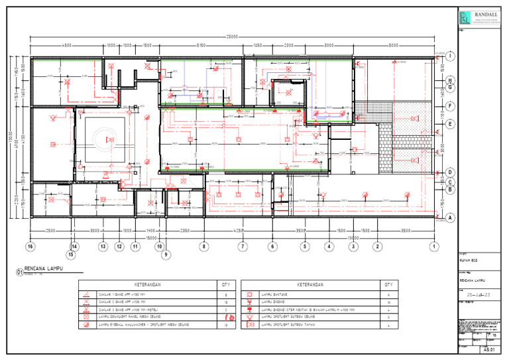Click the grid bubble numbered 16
[30, 246]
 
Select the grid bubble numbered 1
[434, 246]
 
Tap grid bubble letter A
[450, 217]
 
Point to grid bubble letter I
[450, 56]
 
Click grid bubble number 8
[204, 246]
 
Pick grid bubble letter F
[450, 105]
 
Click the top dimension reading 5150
[200, 45]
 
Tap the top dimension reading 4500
[67, 45]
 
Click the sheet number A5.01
[488, 348]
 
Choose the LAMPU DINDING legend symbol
[250, 301]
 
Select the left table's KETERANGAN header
[147, 284]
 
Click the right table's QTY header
[388, 284]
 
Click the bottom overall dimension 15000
[151, 237]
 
